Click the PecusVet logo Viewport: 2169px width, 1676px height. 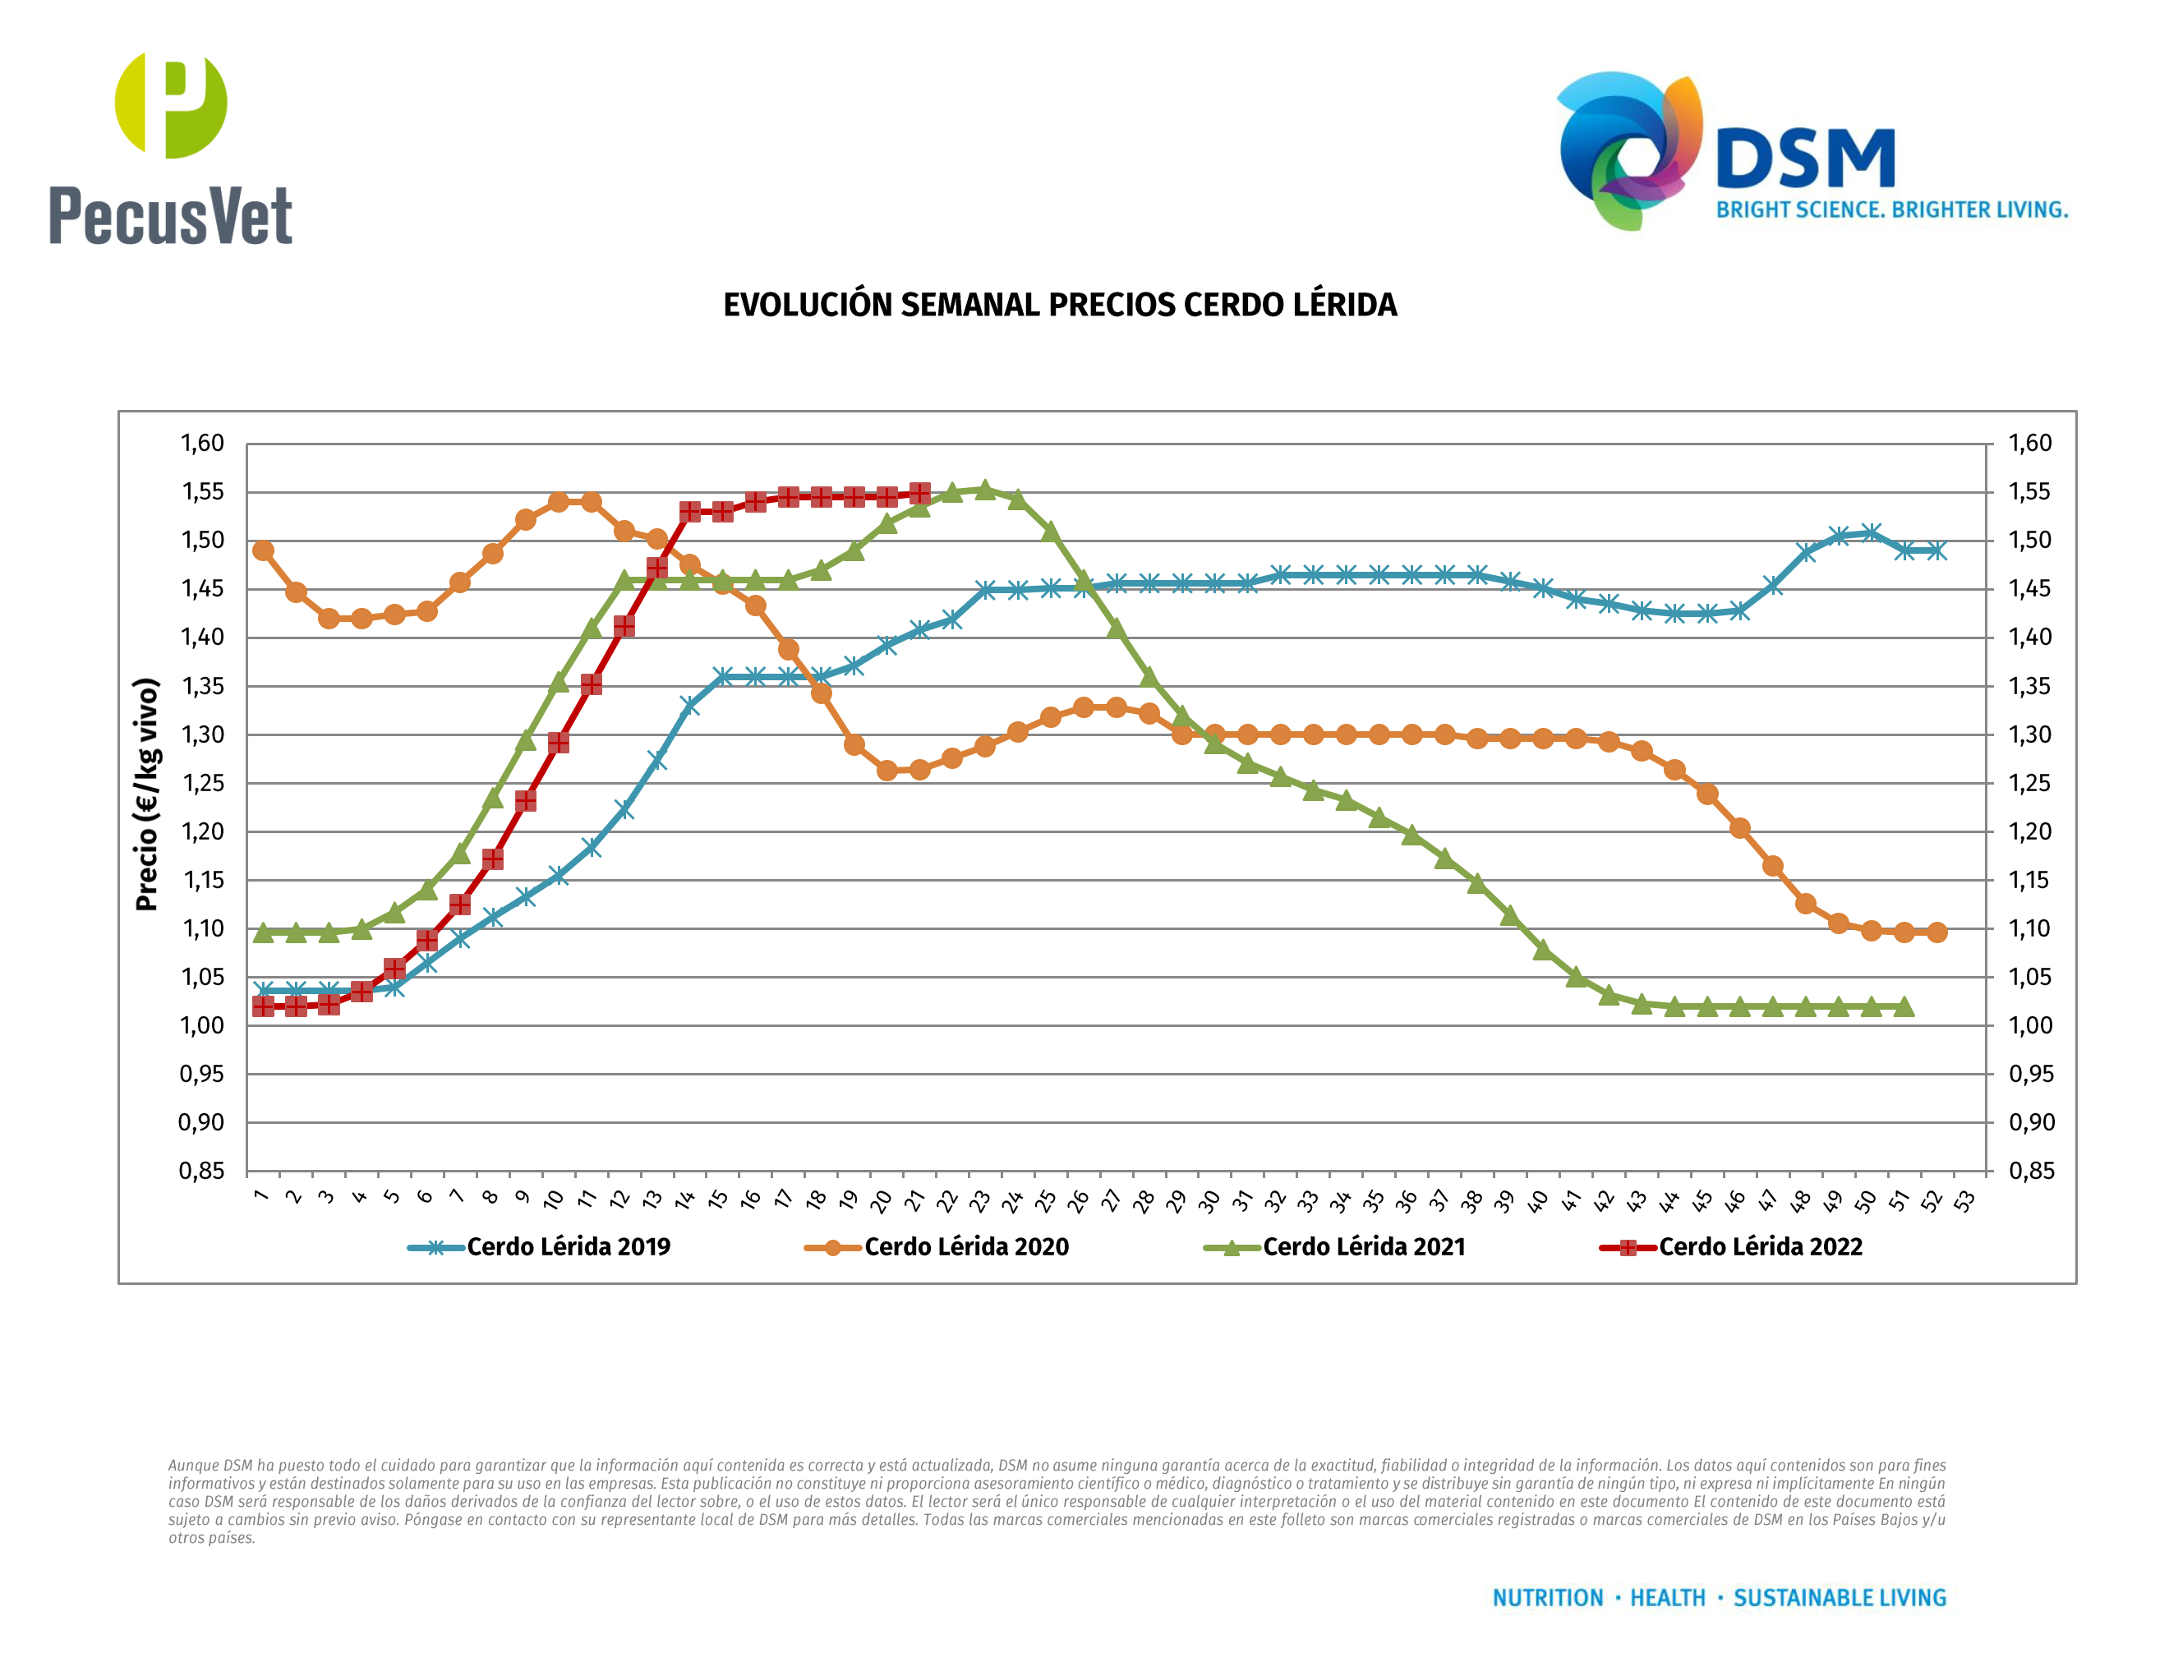tap(171, 149)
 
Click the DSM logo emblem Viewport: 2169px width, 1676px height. tap(1628, 149)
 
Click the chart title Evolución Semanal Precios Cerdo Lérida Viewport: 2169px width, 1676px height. tap(1060, 305)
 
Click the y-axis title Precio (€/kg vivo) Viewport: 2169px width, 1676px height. tap(147, 794)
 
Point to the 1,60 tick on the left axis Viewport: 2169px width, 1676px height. tap(201, 443)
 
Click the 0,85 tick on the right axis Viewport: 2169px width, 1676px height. tap(2030, 1171)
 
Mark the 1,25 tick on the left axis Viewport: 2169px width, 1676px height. tap(201, 784)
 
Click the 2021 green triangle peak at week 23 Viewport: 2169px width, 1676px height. tap(984, 490)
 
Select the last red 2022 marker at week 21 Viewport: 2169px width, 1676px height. tap(919, 494)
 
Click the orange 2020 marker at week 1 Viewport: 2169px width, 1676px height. tap(263, 550)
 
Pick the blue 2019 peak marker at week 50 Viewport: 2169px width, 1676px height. tap(1871, 533)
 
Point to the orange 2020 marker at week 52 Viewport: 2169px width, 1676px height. tap(1936, 932)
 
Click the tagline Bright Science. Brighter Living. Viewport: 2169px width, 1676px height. tap(1892, 210)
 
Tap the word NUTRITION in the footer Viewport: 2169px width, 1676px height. tap(1547, 1598)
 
